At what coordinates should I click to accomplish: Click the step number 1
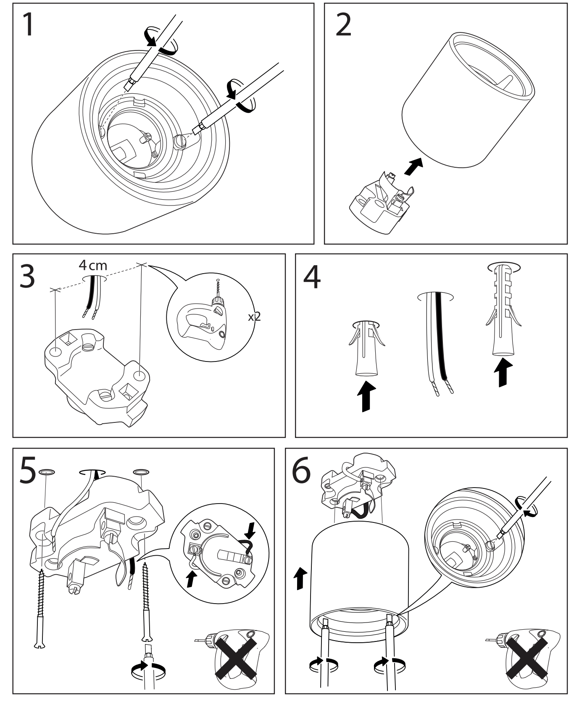tap(28, 25)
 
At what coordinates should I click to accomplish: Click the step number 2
tap(344, 25)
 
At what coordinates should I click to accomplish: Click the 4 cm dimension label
tap(93, 266)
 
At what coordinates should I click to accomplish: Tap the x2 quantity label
tap(254, 316)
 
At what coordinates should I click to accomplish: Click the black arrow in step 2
tap(413, 166)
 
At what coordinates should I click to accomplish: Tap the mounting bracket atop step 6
tap(357, 483)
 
